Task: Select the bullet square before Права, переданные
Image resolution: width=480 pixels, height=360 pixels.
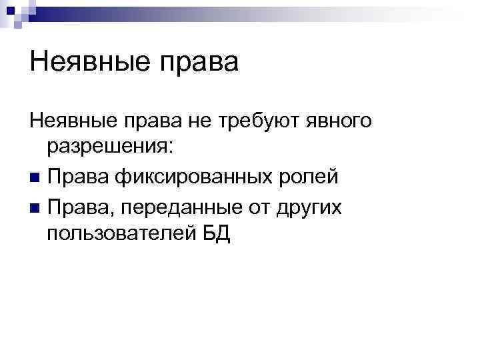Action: [x=34, y=208]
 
